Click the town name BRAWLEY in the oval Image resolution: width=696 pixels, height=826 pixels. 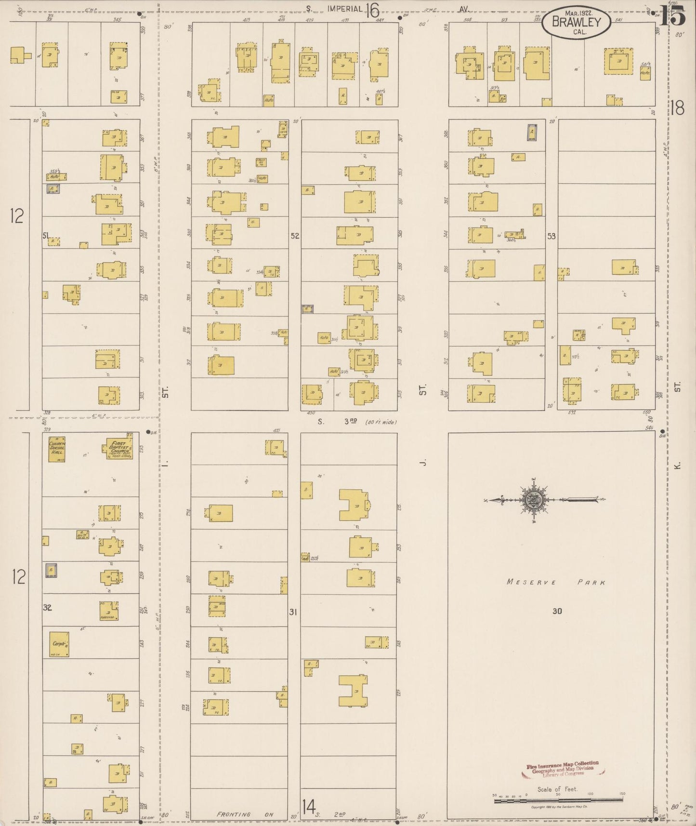click(577, 22)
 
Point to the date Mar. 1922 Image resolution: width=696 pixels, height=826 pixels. click(577, 13)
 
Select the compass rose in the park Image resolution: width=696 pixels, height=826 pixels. click(534, 500)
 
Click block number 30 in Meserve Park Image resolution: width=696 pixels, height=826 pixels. click(557, 611)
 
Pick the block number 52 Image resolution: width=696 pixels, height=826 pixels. click(295, 236)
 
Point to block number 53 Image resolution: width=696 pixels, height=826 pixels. click(551, 236)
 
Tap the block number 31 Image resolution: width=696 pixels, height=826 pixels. click(293, 612)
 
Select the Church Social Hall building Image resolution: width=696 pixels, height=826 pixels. click(57, 449)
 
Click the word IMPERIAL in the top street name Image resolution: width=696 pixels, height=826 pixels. click(344, 8)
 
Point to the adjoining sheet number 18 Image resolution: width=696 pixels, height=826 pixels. click(677, 108)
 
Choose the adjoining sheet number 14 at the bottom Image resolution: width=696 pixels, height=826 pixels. click(309, 805)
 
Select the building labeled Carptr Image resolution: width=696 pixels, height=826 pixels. click(60, 644)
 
